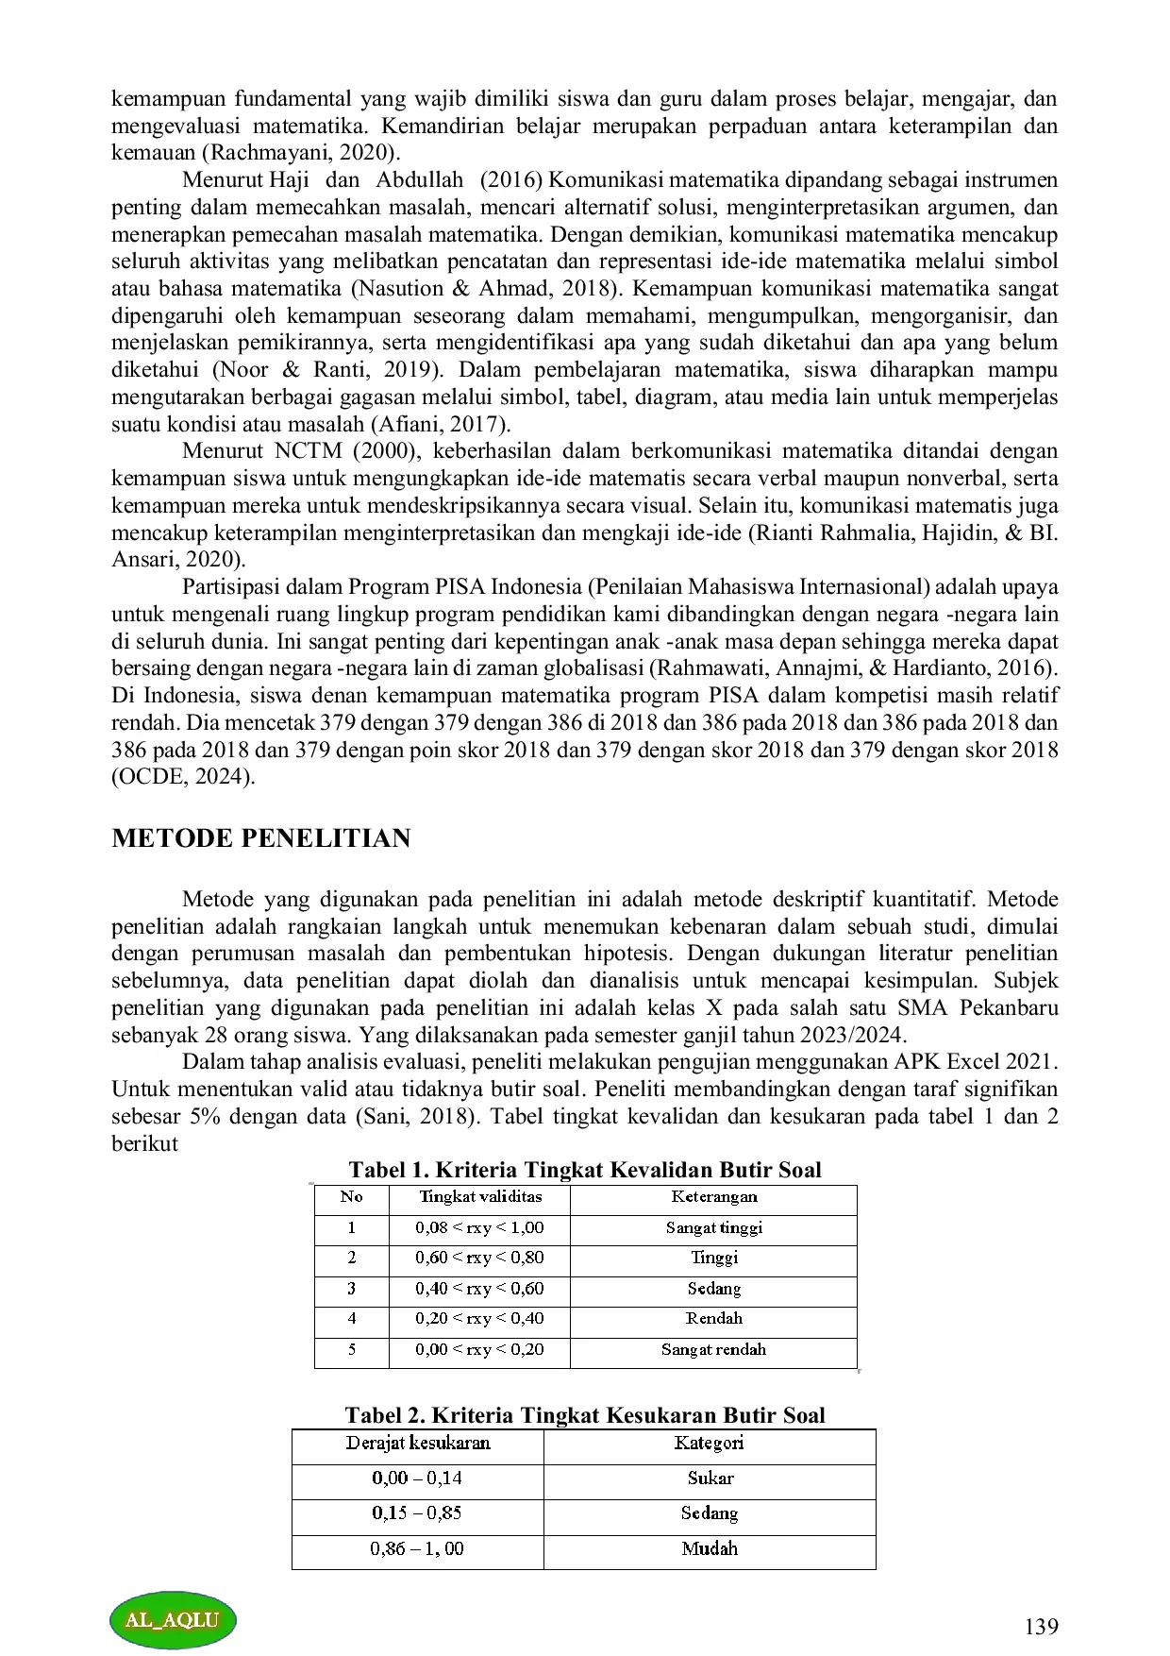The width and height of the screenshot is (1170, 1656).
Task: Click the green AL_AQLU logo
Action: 172,1619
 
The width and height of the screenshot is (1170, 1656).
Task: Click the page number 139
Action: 1041,1626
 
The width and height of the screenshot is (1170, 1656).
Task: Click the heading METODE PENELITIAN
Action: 260,838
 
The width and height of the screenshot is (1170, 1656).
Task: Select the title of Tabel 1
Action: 584,1170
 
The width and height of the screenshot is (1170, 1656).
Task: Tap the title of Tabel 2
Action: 584,1415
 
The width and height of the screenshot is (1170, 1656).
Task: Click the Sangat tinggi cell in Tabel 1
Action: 713,1227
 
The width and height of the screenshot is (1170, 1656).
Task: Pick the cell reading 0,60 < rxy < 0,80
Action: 479,1258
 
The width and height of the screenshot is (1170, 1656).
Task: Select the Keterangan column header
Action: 713,1197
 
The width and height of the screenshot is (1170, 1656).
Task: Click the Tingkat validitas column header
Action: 479,1197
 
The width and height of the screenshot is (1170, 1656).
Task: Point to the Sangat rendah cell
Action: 713,1349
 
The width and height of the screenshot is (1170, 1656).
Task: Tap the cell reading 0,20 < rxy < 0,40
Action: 479,1319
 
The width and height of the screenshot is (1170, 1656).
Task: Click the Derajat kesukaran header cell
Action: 418,1444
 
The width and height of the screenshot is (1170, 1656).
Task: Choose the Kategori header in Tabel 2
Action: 709,1444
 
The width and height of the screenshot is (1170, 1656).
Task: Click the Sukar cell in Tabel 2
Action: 710,1479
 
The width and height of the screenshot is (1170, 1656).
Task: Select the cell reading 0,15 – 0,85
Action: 417,1513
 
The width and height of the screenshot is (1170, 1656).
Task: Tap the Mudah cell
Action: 710,1548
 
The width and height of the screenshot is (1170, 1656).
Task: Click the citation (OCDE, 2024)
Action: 183,778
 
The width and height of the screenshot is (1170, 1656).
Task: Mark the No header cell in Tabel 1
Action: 351,1197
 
